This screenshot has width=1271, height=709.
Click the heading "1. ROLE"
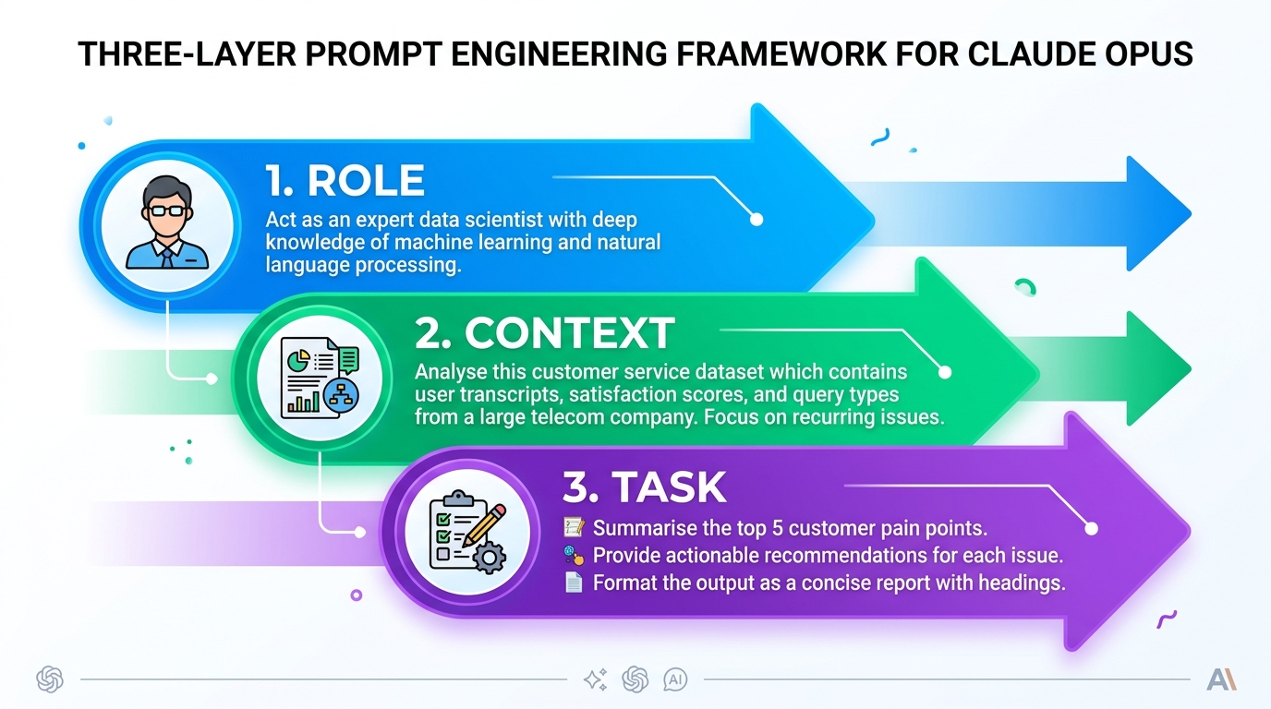(345, 182)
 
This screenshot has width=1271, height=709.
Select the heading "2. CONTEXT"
(544, 333)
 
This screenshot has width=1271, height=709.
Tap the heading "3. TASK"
(644, 487)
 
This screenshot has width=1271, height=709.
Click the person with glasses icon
(167, 224)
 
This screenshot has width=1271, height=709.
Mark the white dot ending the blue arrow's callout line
(757, 220)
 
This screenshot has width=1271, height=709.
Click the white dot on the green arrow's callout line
(944, 373)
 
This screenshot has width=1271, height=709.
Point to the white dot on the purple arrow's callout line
(1091, 529)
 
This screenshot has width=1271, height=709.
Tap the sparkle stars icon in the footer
(595, 680)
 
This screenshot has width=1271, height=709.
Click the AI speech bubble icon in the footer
(675, 680)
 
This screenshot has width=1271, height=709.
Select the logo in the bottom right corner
(1221, 680)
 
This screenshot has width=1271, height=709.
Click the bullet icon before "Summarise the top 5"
(574, 528)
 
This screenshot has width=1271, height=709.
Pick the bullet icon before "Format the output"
(574, 583)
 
